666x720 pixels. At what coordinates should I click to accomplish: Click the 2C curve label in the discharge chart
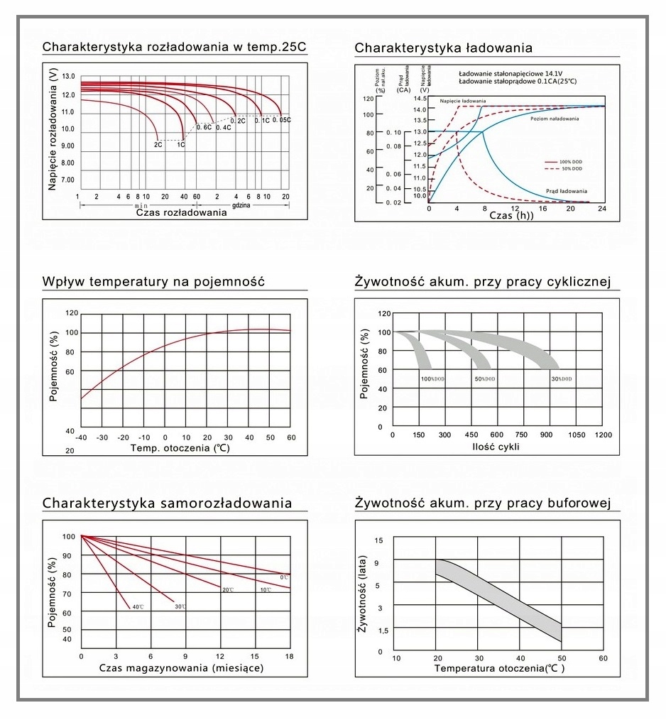pyautogui.click(x=158, y=144)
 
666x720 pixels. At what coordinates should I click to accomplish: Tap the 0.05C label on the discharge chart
pyautogui.click(x=281, y=120)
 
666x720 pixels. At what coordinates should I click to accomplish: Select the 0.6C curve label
pyautogui.click(x=204, y=127)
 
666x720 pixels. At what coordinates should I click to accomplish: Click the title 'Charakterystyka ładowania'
pyautogui.click(x=443, y=48)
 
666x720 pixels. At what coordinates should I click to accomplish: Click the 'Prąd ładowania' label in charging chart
pyautogui.click(x=567, y=191)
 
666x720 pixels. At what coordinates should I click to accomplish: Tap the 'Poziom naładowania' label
pyautogui.click(x=555, y=119)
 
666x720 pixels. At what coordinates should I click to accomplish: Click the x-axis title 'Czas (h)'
pyautogui.click(x=511, y=215)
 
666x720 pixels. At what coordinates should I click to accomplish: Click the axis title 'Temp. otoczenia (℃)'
pyautogui.click(x=180, y=448)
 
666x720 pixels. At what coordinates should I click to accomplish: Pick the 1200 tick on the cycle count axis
pyautogui.click(x=603, y=435)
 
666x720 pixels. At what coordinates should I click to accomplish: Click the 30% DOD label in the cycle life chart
pyautogui.click(x=561, y=379)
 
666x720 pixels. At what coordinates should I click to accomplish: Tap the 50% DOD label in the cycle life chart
pyautogui.click(x=485, y=379)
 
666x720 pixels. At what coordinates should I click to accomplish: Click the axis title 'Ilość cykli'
pyautogui.click(x=496, y=447)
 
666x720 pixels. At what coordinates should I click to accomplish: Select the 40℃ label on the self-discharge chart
pyautogui.click(x=138, y=606)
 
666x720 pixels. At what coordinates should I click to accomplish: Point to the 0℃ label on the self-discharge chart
pyautogui.click(x=283, y=577)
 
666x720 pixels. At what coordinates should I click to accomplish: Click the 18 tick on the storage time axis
pyautogui.click(x=289, y=656)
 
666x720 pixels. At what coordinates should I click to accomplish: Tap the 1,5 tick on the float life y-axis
pyautogui.click(x=383, y=631)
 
